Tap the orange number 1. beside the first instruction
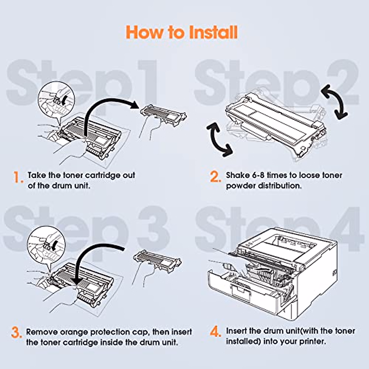click(18, 177)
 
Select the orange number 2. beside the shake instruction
click(215, 177)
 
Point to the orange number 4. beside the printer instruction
click(216, 332)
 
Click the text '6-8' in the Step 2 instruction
click(258, 175)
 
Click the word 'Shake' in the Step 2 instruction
click(238, 175)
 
